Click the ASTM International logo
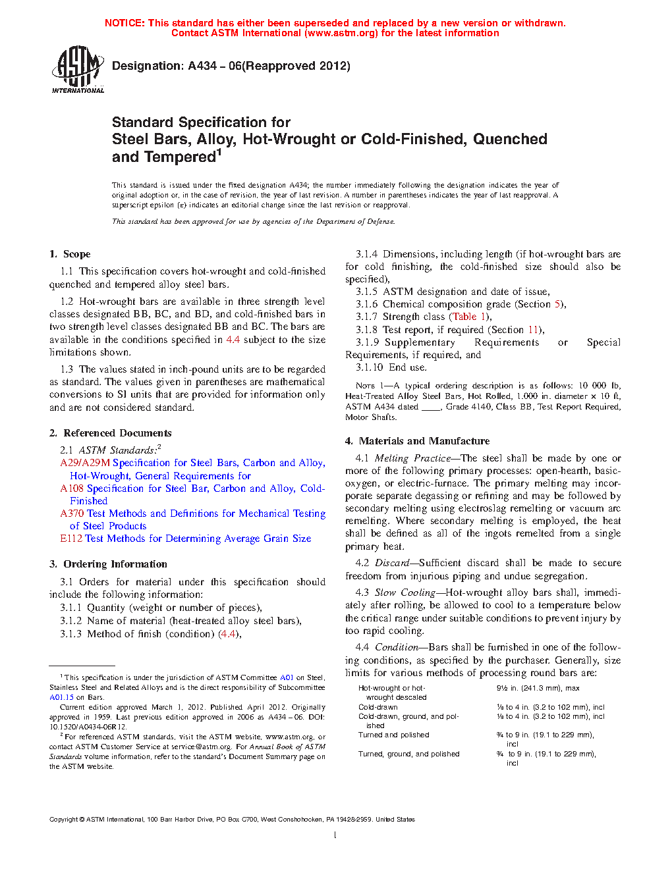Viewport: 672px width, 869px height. (x=78, y=69)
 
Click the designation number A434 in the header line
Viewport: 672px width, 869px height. (x=202, y=66)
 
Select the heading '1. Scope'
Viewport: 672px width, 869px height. (x=70, y=254)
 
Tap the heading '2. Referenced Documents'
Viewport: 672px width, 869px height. (x=110, y=433)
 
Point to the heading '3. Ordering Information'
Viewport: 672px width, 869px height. (x=108, y=564)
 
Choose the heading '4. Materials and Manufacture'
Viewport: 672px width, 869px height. (x=417, y=441)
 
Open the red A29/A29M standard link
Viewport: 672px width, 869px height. (x=85, y=463)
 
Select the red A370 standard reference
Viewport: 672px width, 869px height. (x=73, y=513)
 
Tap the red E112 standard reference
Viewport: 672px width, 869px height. (x=71, y=539)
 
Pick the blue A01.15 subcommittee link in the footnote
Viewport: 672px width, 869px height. (x=61, y=697)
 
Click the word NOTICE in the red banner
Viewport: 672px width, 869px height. (x=124, y=23)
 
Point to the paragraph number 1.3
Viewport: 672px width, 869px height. (x=67, y=369)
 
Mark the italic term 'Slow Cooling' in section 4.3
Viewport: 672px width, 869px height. (x=405, y=592)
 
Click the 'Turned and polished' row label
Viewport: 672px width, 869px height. (x=393, y=735)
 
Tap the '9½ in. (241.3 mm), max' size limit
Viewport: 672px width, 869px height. (x=538, y=688)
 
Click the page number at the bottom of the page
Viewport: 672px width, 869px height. (x=335, y=835)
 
